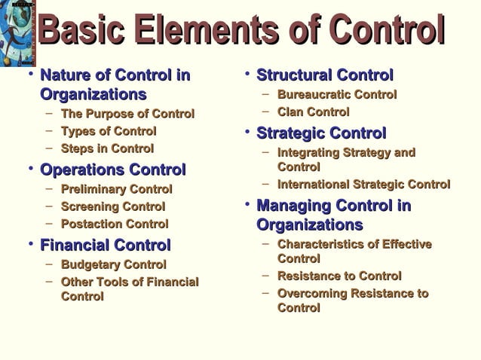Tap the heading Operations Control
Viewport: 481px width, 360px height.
(x=112, y=169)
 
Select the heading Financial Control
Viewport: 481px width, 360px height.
(x=105, y=245)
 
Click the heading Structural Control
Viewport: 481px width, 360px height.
(x=325, y=75)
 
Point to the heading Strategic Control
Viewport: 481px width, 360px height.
(x=321, y=133)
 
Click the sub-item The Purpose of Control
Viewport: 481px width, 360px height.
(x=127, y=114)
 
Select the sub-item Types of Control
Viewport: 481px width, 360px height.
(x=109, y=131)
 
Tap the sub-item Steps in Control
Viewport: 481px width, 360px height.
(x=107, y=148)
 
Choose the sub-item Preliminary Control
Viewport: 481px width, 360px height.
(x=116, y=189)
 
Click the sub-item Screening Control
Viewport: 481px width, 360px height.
(x=112, y=206)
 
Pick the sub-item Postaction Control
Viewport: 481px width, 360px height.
(x=115, y=224)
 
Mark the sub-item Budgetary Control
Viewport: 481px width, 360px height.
(x=113, y=264)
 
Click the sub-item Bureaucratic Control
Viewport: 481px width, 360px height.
(x=337, y=95)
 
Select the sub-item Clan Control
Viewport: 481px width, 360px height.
(x=313, y=112)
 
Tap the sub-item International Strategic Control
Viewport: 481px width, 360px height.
(x=363, y=184)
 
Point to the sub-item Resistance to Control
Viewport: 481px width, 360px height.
(x=339, y=276)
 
